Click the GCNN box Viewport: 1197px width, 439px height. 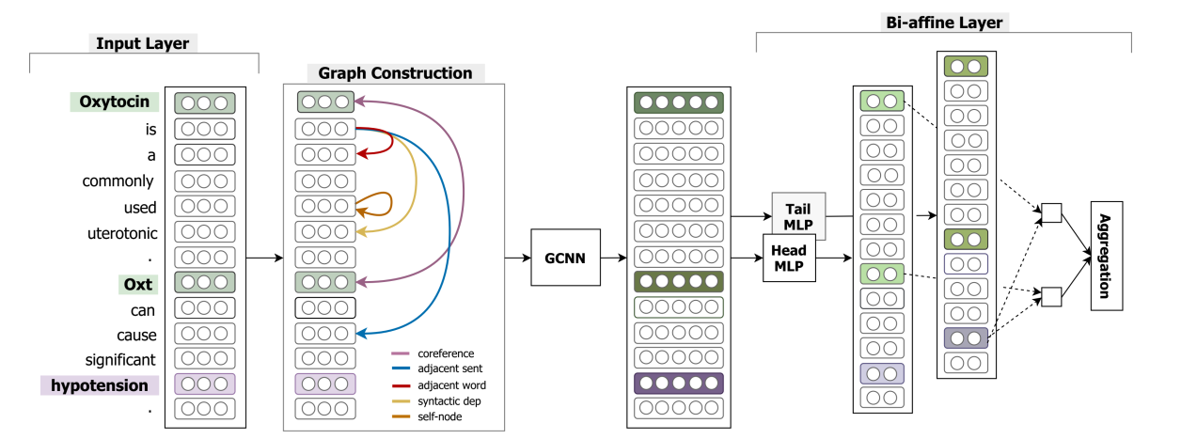point(565,257)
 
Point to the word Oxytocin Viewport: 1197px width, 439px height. point(113,102)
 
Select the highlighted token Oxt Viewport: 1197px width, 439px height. point(137,284)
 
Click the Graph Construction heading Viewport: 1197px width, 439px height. point(395,72)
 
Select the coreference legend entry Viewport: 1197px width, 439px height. point(439,353)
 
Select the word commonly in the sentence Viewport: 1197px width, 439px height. point(117,181)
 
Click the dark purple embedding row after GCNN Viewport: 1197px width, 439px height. point(678,383)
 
